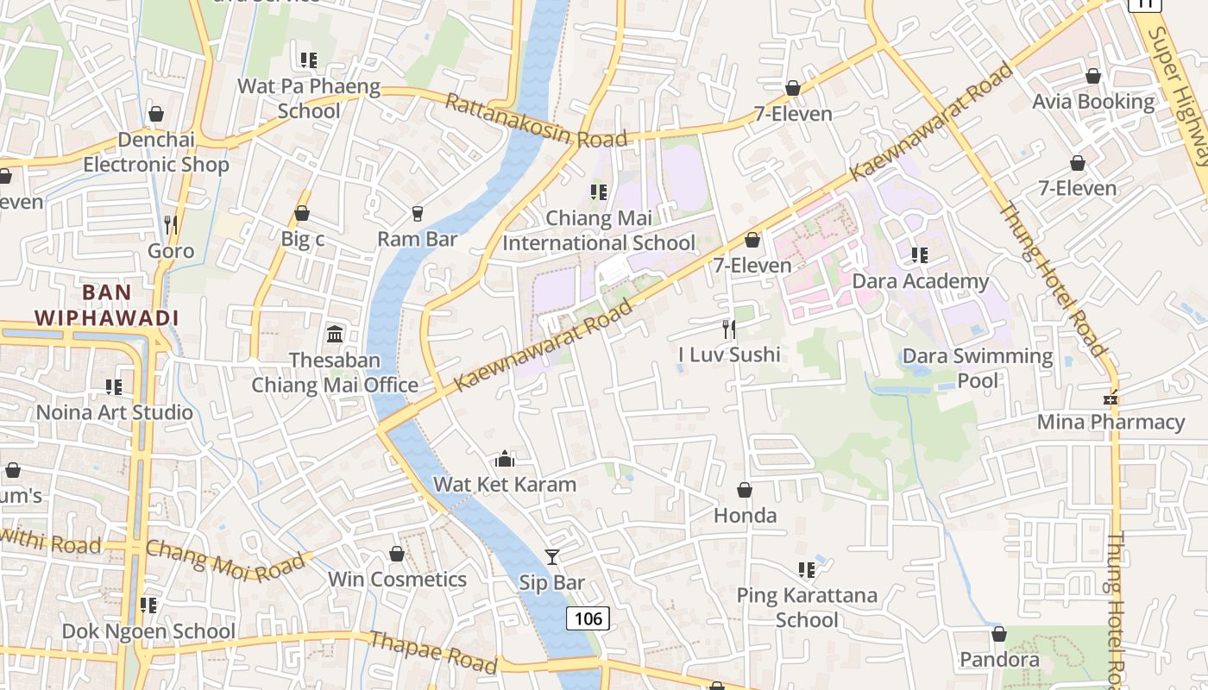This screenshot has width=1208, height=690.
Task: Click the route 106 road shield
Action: coord(588,618)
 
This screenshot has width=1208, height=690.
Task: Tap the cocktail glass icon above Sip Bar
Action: coord(552,557)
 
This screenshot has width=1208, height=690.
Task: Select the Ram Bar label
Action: coord(418,239)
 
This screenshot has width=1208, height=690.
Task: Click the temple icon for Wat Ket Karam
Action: coord(505,459)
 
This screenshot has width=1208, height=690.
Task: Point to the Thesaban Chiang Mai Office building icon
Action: coord(335,334)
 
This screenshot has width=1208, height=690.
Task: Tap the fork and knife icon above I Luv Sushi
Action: coord(729,329)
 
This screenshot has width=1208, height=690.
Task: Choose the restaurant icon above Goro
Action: coord(171,225)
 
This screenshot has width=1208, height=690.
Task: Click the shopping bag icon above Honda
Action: coord(745,490)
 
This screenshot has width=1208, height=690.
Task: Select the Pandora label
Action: coord(999,660)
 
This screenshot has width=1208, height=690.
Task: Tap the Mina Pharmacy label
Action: coord(1110,422)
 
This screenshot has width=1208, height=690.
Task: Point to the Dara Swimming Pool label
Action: coord(978,368)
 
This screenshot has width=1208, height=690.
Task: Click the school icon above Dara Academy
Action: coord(920,255)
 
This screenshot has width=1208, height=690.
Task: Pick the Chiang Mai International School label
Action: coord(598,231)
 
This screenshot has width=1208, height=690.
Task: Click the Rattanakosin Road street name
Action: coord(536,121)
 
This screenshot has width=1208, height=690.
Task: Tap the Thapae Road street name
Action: coord(433,652)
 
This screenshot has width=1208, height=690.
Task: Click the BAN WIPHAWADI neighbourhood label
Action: coord(106,304)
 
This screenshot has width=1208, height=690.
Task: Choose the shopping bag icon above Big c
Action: coord(302,213)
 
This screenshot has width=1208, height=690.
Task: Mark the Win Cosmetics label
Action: coord(397,580)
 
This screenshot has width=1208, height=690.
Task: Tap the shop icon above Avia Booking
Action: coord(1093,76)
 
